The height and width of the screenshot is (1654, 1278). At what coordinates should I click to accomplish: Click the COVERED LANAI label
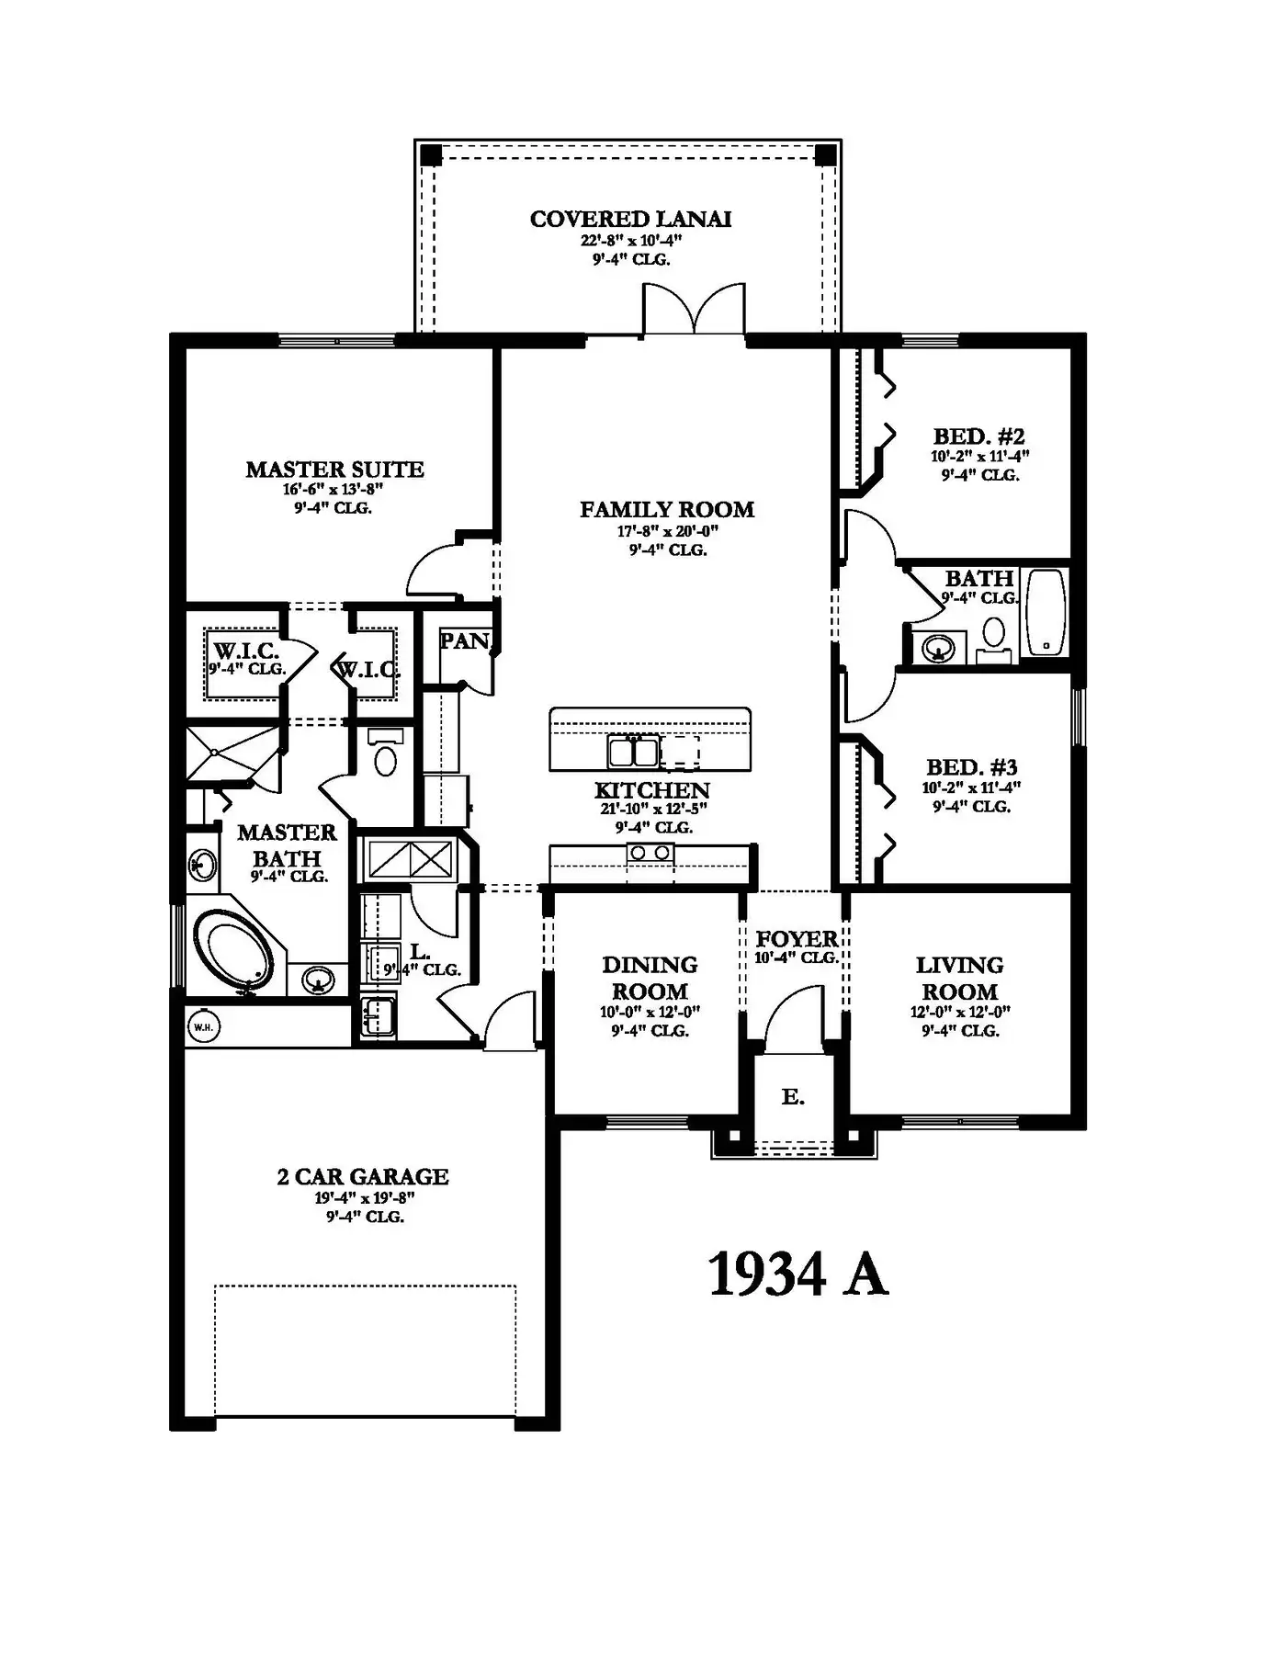(630, 219)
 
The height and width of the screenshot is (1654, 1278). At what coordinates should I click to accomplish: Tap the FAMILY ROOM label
(667, 509)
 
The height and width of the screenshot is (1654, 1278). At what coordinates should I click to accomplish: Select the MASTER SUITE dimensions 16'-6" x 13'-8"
(333, 490)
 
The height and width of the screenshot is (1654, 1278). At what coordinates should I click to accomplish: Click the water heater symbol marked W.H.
(203, 1027)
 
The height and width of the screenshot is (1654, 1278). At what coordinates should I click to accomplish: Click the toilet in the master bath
(385, 754)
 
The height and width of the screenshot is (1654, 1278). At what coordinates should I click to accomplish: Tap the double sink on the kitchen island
(633, 752)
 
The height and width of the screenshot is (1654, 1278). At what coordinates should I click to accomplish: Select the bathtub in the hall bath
(1046, 612)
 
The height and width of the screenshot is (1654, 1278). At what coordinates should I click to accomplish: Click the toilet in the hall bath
(993, 638)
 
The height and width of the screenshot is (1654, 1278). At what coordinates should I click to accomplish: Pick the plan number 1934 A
(798, 1274)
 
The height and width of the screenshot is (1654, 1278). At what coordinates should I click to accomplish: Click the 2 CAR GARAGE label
(363, 1176)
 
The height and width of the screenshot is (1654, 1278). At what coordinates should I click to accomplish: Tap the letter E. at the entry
(793, 1096)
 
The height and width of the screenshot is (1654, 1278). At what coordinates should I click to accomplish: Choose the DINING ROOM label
(650, 978)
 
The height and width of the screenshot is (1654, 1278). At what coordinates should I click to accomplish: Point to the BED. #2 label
(978, 436)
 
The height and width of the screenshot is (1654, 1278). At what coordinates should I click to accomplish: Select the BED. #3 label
(972, 767)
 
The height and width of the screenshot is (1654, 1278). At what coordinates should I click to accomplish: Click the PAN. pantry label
(465, 640)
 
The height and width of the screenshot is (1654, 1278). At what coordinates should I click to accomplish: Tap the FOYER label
(797, 938)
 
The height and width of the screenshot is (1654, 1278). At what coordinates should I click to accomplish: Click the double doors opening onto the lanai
(695, 310)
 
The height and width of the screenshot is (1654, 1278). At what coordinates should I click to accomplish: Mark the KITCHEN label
(652, 790)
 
